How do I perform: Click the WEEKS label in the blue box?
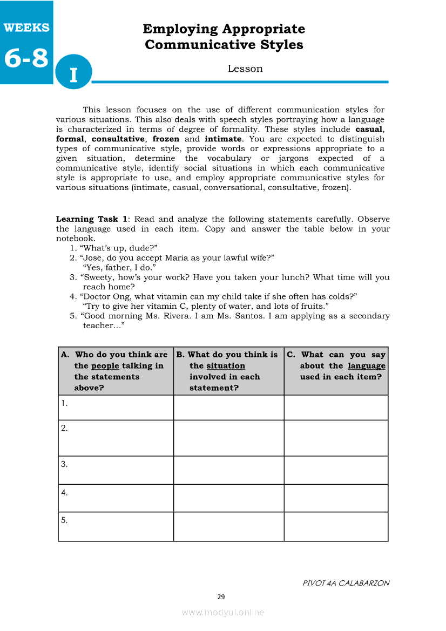(26, 28)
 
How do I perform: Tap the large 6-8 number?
(26, 58)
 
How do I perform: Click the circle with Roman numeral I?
(73, 73)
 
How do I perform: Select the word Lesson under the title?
(245, 69)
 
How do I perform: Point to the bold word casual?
(369, 130)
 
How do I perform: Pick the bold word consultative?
(118, 139)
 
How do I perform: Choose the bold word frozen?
(166, 139)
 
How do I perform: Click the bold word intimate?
(222, 139)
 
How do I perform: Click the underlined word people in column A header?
(105, 366)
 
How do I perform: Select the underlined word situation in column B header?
(226, 366)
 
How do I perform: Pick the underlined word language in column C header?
(367, 366)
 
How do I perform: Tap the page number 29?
(221, 597)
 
